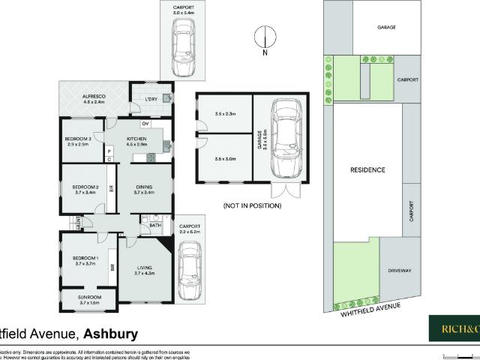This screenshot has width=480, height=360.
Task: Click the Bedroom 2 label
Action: tap(85, 187)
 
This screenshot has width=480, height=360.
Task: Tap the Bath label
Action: tap(155, 225)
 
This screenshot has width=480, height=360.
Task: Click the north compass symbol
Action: tap(264, 39)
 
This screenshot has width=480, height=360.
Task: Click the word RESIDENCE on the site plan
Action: tap(367, 170)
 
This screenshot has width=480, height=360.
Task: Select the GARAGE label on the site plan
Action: tap(386, 27)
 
